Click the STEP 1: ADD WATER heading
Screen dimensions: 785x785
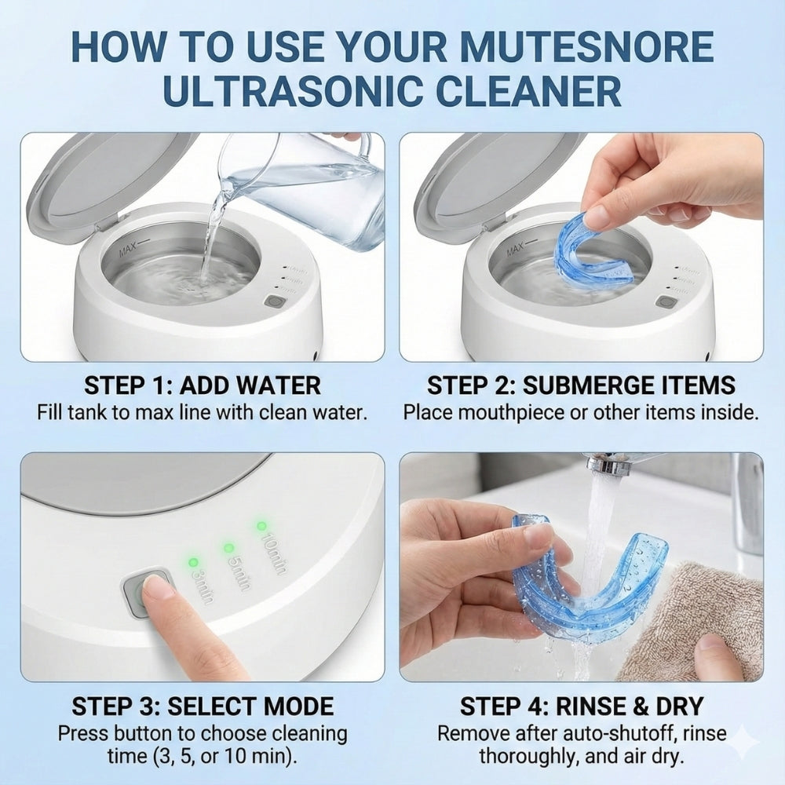(x=202, y=385)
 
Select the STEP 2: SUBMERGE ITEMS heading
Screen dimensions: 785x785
(x=581, y=385)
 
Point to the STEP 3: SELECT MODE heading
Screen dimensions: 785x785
(x=202, y=706)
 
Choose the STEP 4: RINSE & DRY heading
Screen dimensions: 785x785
(x=581, y=706)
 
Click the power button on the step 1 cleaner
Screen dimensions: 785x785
(x=275, y=301)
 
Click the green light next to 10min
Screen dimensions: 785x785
(x=261, y=525)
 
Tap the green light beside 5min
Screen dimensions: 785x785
(x=228, y=547)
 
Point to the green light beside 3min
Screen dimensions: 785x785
(x=192, y=563)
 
